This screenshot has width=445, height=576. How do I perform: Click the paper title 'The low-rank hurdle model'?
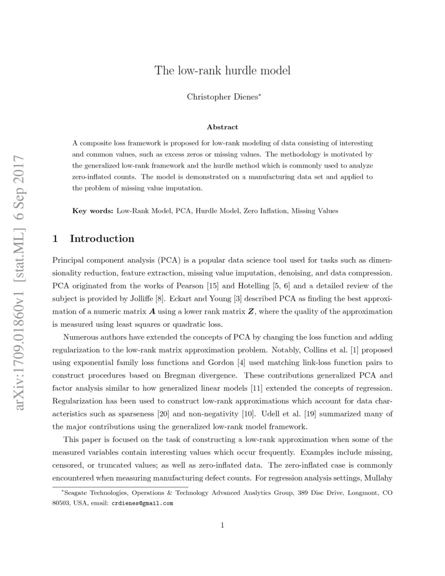pos(222,70)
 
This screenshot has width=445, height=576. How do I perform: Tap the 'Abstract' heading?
pos(222,127)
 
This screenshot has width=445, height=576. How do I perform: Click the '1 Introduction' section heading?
pos(94,239)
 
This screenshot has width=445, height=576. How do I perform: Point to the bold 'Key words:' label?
pos(93,211)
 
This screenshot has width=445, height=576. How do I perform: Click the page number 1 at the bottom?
pos(222,525)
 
